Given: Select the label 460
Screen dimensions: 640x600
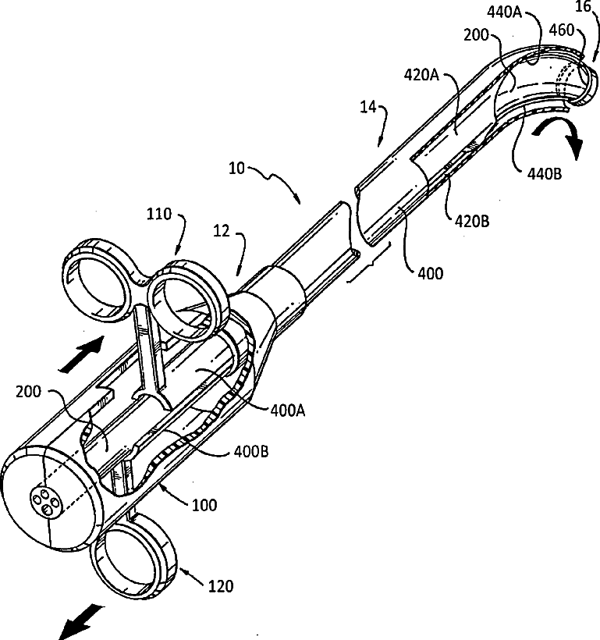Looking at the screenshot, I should click(562, 30).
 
